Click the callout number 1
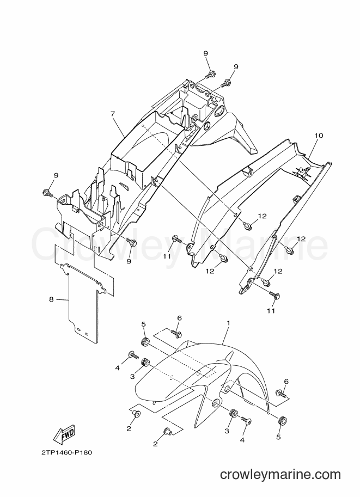click(x=228, y=323)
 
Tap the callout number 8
click(x=51, y=299)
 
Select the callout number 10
click(x=319, y=136)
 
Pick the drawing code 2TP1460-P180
click(x=66, y=452)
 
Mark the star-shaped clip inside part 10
click(x=301, y=172)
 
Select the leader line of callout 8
click(x=62, y=299)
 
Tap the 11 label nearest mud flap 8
click(x=167, y=256)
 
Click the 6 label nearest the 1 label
click(x=180, y=318)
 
